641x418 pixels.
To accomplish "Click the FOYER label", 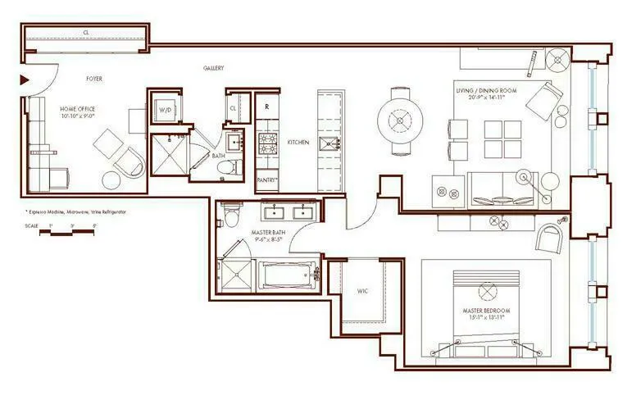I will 95,80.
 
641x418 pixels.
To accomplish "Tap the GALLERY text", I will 213,68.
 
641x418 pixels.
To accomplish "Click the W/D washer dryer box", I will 165,109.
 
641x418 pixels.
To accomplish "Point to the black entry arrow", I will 25,80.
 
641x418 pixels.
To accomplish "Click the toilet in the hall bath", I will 229,167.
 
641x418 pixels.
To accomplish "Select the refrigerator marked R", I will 267,107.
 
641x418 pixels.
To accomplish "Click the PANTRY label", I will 268,179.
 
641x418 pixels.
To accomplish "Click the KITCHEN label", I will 298,143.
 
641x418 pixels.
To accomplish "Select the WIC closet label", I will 362,291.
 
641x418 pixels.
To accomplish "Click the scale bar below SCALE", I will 69,233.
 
